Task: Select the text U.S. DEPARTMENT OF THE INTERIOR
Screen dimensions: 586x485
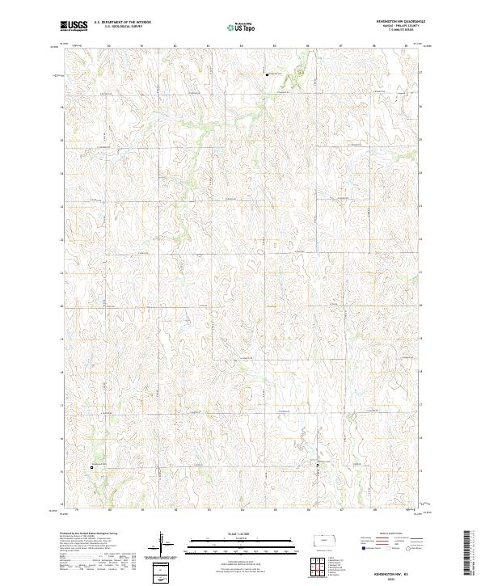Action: [x=122, y=23]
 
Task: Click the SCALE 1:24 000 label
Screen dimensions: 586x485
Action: [x=242, y=533]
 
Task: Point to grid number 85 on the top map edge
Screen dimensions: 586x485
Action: [x=275, y=47]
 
